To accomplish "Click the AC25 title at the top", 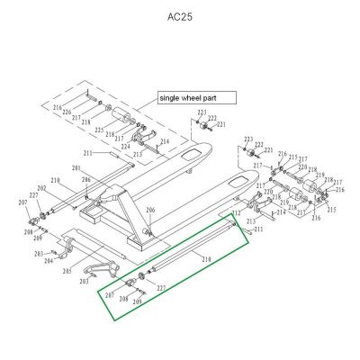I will pyautogui.click(x=180, y=16).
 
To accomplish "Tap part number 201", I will pyautogui.click(x=76, y=168).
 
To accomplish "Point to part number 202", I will pyautogui.click(x=40, y=188).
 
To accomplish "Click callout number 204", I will pyautogui.click(x=49, y=261).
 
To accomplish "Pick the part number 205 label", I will pyautogui.click(x=67, y=270).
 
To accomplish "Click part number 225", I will pyautogui.click(x=99, y=130).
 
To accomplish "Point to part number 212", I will pyautogui.click(x=235, y=214).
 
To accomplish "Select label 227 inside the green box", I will pyautogui.click(x=161, y=288).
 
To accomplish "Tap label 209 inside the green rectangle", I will pyautogui.click(x=137, y=303).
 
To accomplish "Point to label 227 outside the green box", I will pyautogui.click(x=33, y=195).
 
